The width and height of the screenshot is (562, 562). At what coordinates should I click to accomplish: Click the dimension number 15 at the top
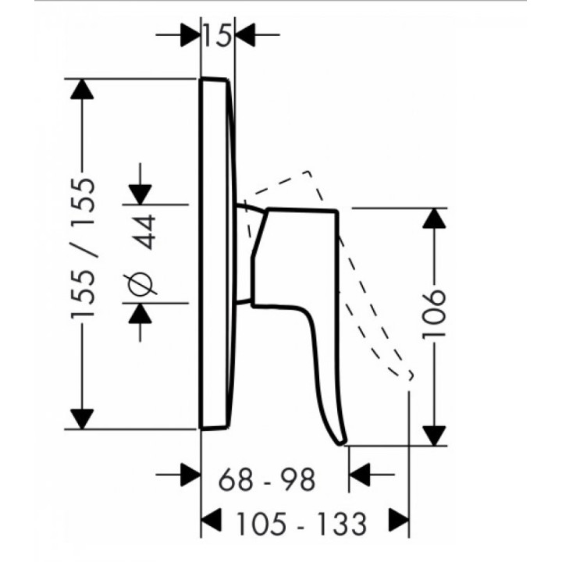(217, 35)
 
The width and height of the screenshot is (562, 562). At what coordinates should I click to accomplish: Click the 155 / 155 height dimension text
(84, 247)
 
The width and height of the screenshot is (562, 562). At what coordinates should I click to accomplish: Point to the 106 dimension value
(434, 314)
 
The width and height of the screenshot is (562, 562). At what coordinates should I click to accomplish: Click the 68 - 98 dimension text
(267, 478)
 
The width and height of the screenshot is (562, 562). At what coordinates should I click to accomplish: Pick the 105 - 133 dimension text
(302, 524)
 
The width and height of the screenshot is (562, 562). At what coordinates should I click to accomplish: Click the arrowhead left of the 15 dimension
(190, 35)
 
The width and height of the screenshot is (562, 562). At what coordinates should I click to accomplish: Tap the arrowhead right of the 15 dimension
(245, 35)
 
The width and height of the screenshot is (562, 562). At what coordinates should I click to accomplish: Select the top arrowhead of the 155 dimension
(82, 89)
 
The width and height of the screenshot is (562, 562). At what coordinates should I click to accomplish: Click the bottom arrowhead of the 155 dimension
(82, 419)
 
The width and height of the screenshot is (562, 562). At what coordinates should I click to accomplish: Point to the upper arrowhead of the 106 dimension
(434, 218)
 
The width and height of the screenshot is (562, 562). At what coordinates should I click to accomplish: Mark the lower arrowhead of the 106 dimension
(434, 436)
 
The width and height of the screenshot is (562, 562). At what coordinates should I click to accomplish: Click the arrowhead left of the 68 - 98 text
(190, 475)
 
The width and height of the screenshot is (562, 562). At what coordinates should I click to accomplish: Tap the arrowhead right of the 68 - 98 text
(359, 475)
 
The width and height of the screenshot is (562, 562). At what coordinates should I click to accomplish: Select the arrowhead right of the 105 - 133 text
(399, 520)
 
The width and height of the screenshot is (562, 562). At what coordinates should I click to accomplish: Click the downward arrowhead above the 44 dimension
(140, 194)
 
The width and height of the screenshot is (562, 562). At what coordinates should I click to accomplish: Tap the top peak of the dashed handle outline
(308, 172)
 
